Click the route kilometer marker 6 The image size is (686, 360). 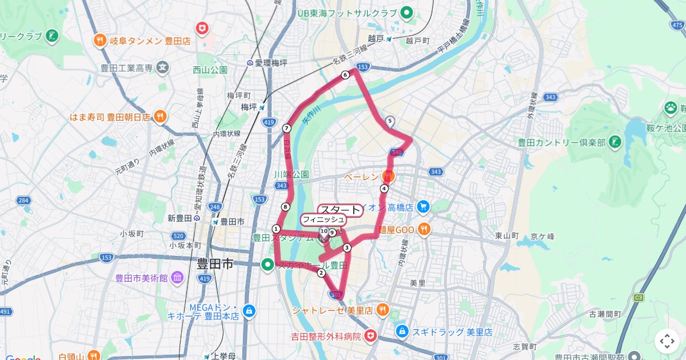click(345, 75)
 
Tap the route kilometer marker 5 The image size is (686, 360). click(390, 121)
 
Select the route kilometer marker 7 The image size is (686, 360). click(286, 128)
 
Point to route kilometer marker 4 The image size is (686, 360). click(384, 189)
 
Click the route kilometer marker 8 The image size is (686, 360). click(285, 207)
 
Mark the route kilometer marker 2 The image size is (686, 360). click(321, 273)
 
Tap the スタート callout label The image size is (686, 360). click(340, 210)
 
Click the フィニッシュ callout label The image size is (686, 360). click(323, 219)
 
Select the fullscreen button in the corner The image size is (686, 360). click(667, 341)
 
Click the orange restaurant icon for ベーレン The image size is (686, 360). click(390, 176)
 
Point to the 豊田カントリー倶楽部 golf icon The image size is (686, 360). click(615, 142)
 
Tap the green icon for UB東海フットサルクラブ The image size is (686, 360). click(407, 12)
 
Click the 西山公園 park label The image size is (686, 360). click(210, 70)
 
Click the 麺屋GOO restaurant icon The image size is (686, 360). click(424, 229)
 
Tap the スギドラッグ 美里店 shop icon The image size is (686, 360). click(402, 331)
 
